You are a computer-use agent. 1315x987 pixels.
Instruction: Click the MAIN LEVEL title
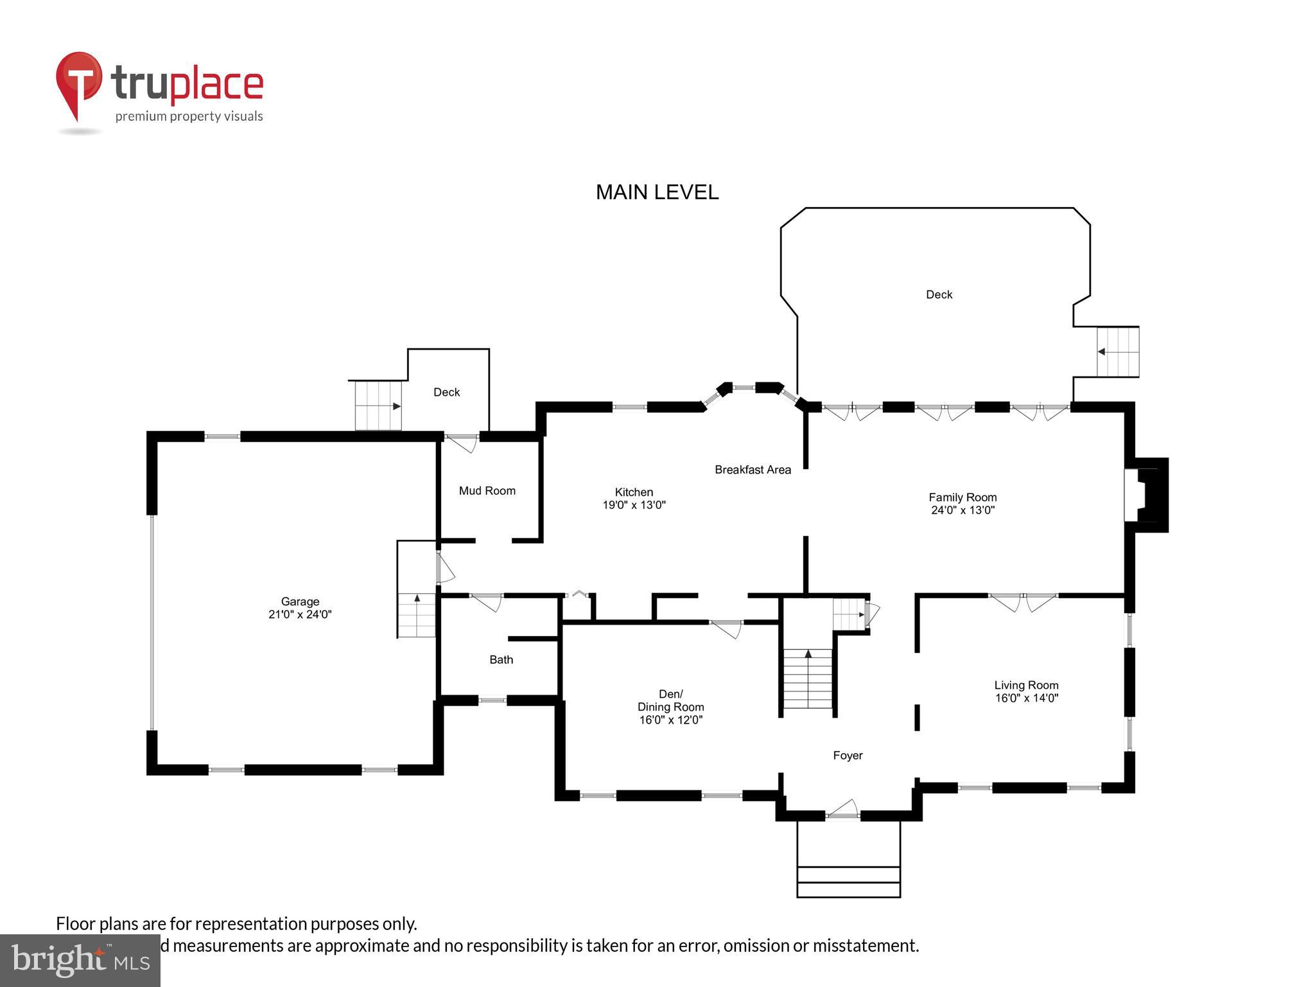[657, 192]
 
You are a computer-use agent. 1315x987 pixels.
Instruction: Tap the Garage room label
[300, 601]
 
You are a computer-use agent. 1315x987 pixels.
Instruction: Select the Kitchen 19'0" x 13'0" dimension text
[634, 505]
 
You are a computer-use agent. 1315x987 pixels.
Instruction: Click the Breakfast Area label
[753, 470]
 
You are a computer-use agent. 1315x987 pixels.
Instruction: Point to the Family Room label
[962, 497]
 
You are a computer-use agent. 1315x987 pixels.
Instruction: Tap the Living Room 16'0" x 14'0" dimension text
[1026, 698]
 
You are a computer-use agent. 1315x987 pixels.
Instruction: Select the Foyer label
[848, 756]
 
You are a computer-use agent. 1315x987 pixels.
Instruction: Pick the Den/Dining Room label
[670, 700]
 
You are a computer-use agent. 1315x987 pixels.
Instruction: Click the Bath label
[501, 660]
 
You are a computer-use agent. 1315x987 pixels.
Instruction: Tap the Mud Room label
[487, 491]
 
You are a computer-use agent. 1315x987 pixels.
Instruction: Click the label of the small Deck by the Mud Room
[446, 392]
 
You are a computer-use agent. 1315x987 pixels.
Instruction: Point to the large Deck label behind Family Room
[939, 294]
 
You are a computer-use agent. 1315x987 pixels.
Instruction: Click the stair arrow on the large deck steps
[1101, 351]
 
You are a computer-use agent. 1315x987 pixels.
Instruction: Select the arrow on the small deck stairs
[396, 406]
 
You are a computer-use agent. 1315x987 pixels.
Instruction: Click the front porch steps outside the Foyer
[848, 881]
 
